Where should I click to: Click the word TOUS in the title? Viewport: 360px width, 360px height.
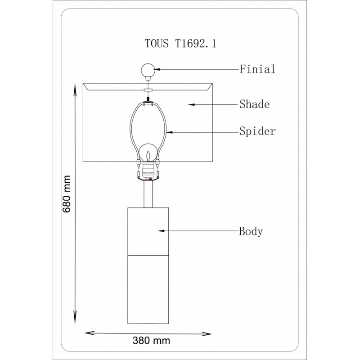click(157, 43)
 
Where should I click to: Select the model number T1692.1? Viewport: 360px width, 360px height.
click(196, 43)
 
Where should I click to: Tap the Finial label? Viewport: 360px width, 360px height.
click(257, 69)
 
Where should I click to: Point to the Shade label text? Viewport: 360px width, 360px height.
click(254, 104)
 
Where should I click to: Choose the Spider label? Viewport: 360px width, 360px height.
click(257, 131)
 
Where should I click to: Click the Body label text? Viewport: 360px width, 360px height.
click(251, 231)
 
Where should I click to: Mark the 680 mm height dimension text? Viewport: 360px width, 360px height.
click(67, 194)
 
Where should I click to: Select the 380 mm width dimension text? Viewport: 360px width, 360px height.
click(151, 341)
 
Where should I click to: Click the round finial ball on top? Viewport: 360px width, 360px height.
click(148, 70)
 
